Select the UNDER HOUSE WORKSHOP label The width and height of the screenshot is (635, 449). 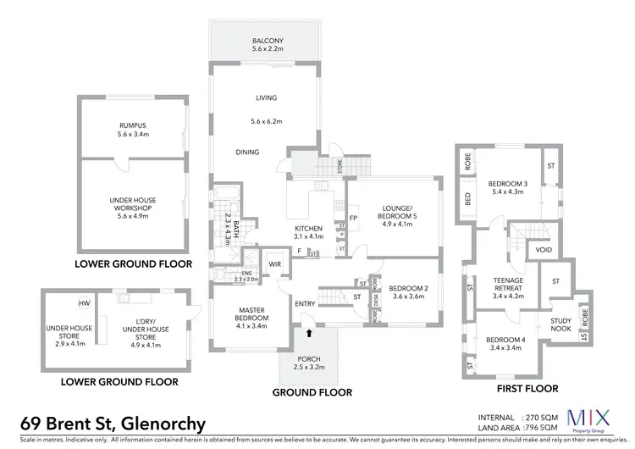133,204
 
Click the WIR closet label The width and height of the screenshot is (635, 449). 274,263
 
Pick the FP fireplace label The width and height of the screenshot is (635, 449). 352,219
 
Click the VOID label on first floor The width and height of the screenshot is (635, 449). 544,251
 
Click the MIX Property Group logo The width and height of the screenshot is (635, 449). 586,422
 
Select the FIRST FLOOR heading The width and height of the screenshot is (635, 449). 528,389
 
